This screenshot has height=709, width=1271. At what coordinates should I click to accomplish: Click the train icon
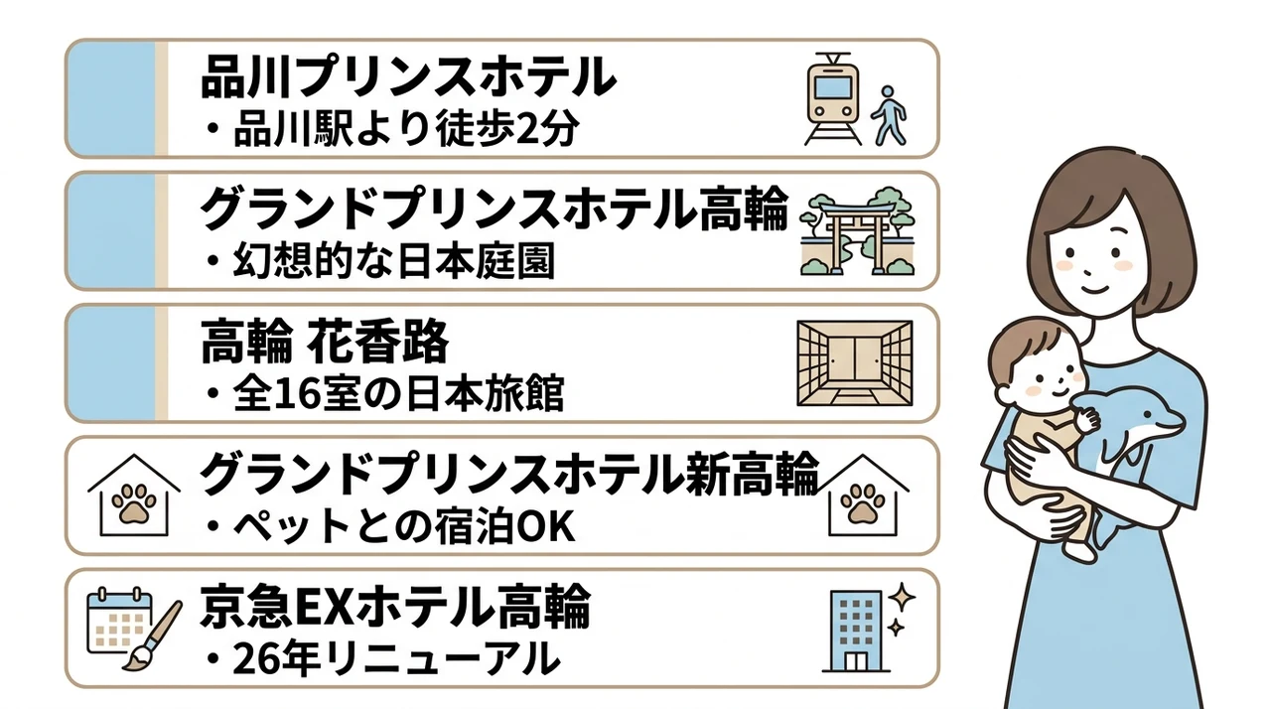[832, 98]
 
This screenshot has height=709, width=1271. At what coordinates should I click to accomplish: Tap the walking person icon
[888, 116]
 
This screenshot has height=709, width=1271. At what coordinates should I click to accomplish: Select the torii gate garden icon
[857, 230]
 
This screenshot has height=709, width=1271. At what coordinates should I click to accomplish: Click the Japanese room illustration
[855, 363]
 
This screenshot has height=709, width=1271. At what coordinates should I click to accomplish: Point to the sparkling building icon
[868, 628]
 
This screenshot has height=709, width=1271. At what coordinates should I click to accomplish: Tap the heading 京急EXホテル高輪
[395, 606]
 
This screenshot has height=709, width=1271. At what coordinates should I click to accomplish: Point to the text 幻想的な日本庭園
[380, 261]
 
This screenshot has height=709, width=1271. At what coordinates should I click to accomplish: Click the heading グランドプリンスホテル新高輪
[509, 474]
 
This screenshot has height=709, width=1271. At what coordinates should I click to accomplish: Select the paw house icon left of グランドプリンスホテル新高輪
[134, 495]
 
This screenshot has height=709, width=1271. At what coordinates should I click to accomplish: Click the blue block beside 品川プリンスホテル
[111, 98]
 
